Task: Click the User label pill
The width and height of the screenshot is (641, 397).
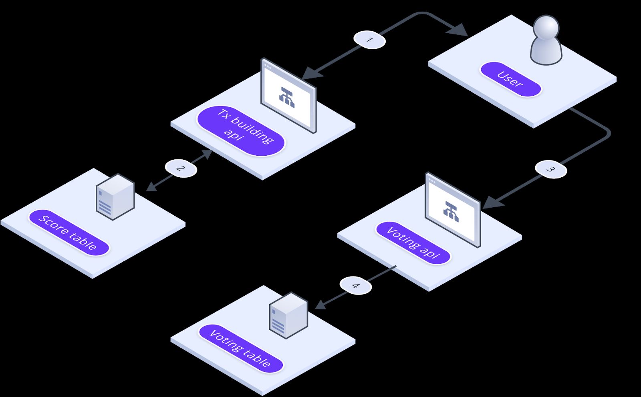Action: point(510,79)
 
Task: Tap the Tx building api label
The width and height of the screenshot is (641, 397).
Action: point(241,131)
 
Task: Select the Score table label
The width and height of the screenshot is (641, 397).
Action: point(69,233)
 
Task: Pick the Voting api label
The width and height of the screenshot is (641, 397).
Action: point(413,243)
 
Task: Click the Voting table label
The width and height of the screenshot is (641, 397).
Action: point(241,349)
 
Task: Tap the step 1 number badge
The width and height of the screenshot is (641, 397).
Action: point(369,40)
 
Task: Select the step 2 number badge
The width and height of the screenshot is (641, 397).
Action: point(181,168)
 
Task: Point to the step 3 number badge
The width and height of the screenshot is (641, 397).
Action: point(551,169)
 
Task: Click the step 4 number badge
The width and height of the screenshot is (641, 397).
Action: point(356,285)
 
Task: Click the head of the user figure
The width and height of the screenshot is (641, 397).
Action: point(546,27)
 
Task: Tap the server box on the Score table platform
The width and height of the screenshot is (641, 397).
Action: point(115,196)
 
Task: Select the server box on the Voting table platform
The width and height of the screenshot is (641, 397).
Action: point(289,315)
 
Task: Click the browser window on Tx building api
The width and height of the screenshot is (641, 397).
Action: point(288,96)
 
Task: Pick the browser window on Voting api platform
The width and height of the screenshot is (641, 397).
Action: point(453,209)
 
